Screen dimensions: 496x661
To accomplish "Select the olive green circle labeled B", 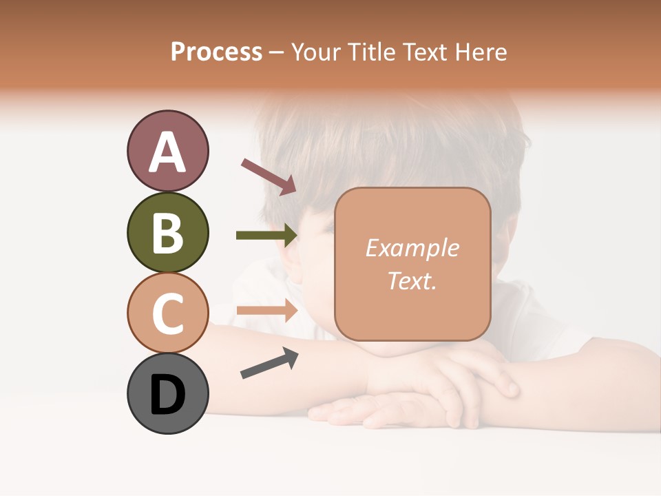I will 167,232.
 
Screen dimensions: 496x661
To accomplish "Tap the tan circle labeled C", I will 167,313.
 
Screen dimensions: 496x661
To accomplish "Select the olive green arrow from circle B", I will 266,236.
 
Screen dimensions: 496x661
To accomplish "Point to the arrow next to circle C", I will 266,311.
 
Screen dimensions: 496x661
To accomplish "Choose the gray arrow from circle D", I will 269,362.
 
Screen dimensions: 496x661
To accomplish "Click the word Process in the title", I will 216,52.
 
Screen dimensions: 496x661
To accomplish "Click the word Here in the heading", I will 481,52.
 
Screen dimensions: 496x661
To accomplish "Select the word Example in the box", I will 412,248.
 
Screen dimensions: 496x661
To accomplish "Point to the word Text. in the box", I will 412,280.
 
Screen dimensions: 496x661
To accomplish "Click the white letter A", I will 167,152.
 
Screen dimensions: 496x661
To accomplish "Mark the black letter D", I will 167,395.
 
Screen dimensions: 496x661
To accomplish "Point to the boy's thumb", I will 506,386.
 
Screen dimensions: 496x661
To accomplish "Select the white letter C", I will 167,313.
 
